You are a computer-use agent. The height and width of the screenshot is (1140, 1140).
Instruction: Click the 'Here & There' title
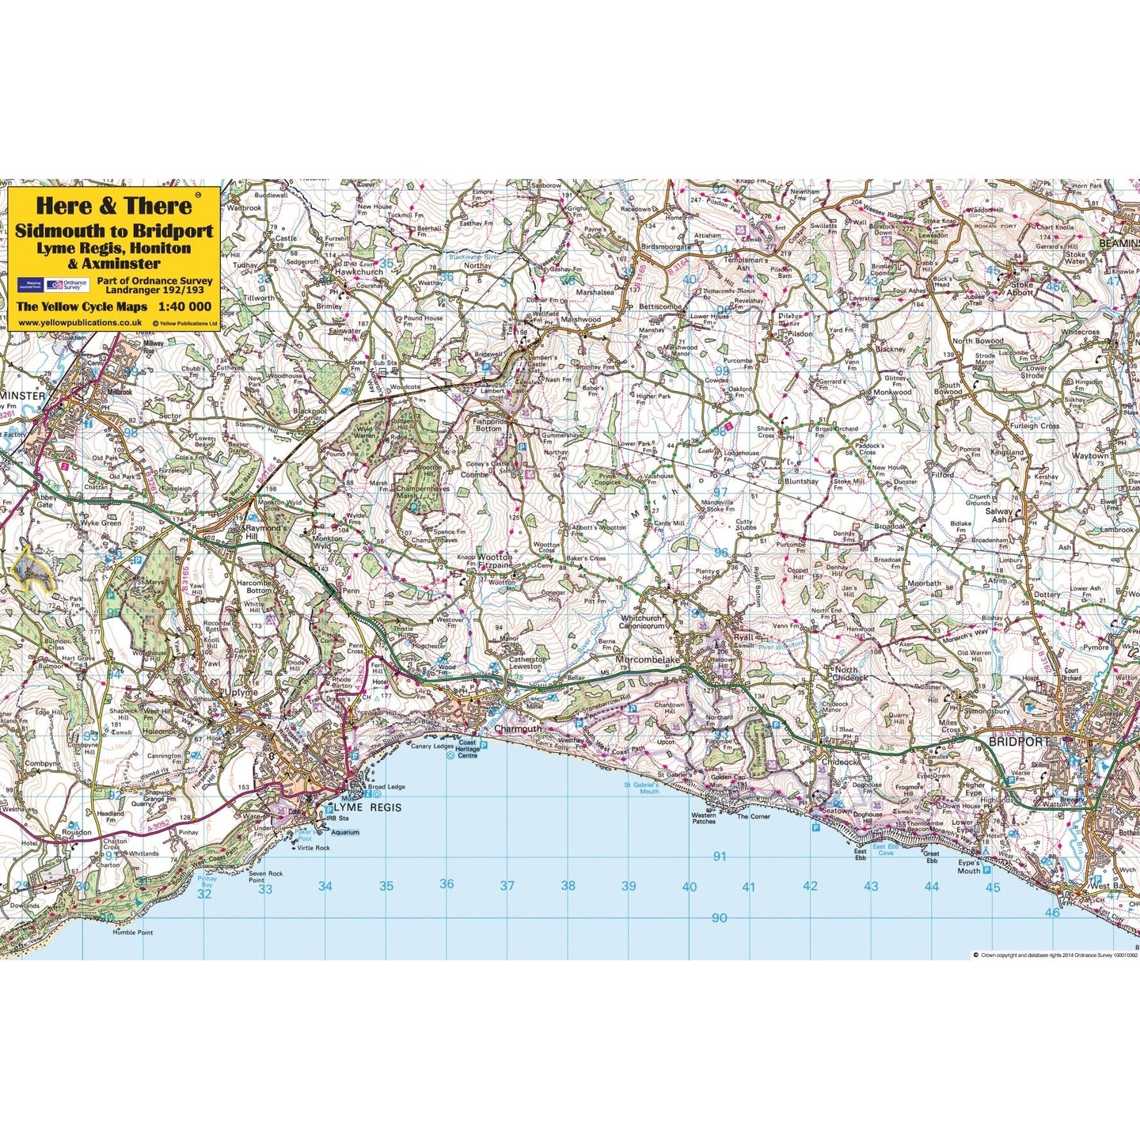pos(114,206)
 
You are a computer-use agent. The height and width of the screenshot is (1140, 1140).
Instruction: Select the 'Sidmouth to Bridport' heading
pos(114,231)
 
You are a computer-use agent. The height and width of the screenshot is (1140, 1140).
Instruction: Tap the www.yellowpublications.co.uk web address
pos(80,323)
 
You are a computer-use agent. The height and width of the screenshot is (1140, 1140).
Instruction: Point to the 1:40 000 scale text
pos(184,306)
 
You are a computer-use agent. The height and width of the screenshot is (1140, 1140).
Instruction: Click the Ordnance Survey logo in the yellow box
pos(66,285)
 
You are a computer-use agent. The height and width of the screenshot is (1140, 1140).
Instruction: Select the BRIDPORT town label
pos(1019,742)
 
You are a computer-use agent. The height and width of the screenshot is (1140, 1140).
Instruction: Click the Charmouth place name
pos(518,728)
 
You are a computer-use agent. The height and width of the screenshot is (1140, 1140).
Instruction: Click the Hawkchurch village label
pos(359,272)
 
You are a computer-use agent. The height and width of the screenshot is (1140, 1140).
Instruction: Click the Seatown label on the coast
pos(837,811)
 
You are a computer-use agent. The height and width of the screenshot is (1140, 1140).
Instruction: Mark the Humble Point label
pos(132,933)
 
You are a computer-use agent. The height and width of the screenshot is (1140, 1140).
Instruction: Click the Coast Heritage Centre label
pos(467,749)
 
